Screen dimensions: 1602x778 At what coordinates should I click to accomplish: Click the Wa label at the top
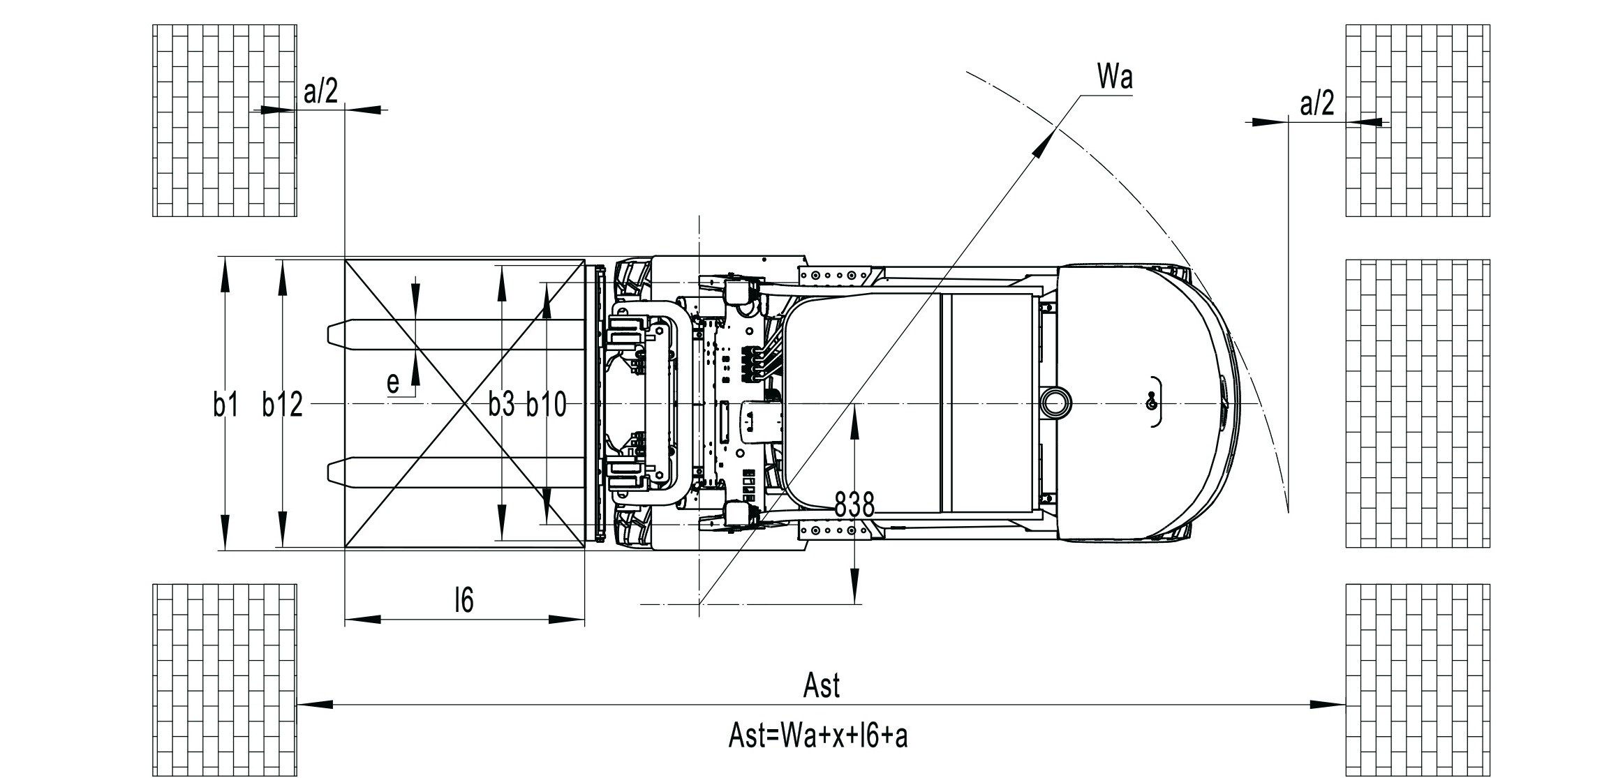1115,77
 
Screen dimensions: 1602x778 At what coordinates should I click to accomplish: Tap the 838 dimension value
855,504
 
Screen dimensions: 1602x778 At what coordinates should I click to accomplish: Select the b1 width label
226,405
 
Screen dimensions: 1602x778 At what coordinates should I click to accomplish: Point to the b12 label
283,405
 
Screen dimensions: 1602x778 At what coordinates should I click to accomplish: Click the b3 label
501,404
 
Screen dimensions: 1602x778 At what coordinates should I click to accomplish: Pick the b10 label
547,405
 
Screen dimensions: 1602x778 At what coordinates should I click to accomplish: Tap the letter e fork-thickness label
394,383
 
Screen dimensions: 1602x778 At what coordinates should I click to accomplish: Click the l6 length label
464,599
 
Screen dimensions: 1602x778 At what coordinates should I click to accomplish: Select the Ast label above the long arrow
822,685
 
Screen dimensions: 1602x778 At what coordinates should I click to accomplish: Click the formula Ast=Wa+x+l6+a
818,735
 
